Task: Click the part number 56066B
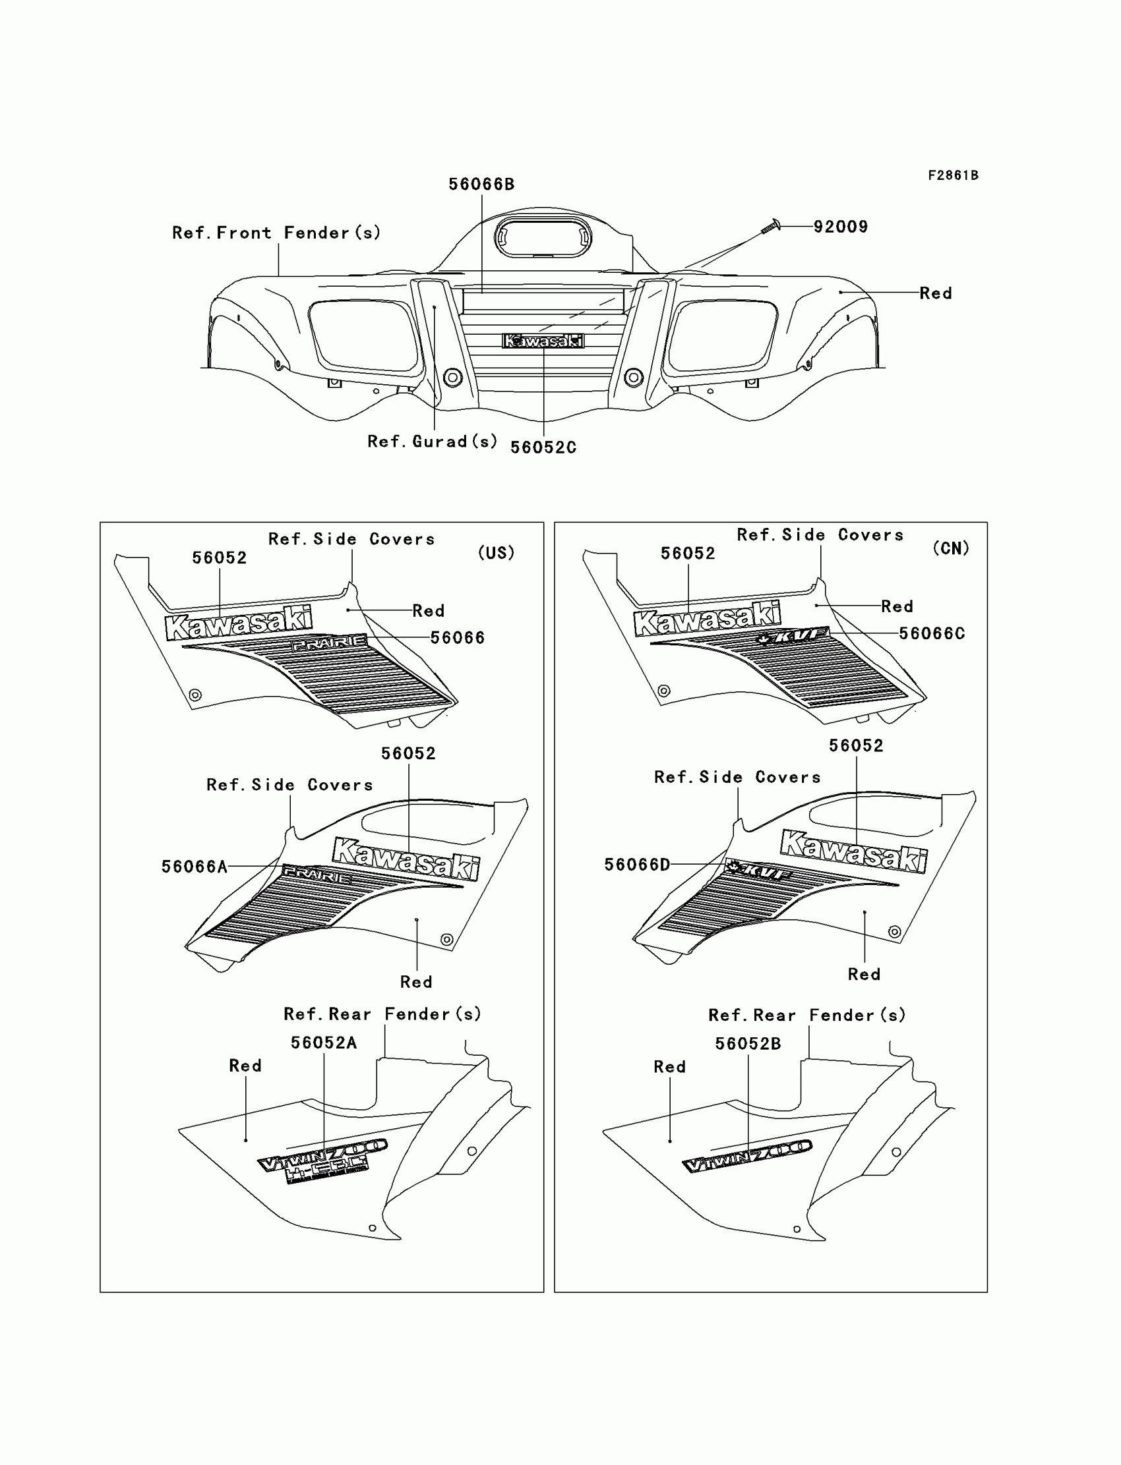click(x=481, y=184)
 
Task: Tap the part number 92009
click(x=840, y=227)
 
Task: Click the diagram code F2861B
click(x=953, y=175)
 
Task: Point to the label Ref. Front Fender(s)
click(x=276, y=233)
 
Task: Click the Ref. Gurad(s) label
click(x=433, y=442)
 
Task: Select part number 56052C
click(x=543, y=447)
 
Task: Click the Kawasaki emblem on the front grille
click(x=543, y=341)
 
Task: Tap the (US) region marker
click(x=497, y=553)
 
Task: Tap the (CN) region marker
click(x=951, y=549)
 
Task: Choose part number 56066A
click(x=194, y=866)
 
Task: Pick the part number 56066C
click(x=932, y=633)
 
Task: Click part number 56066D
click(x=637, y=864)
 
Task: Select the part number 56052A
click(x=324, y=1043)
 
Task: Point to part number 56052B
click(x=748, y=1045)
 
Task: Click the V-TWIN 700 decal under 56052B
click(x=747, y=1157)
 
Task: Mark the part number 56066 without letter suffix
click(x=457, y=638)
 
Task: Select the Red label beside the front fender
click(x=936, y=293)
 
